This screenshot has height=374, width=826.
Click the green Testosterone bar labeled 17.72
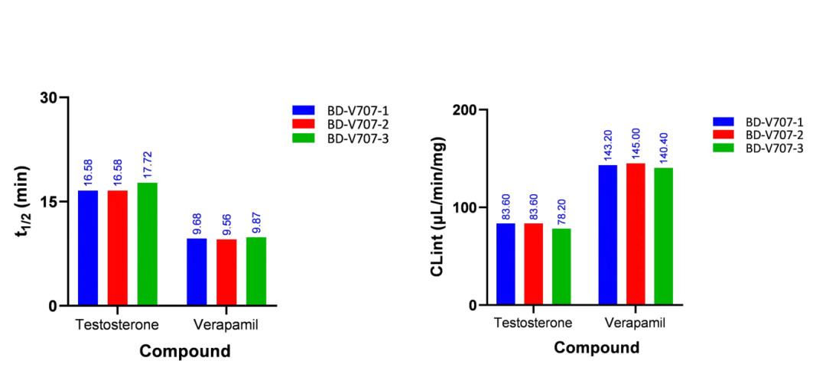click(148, 243)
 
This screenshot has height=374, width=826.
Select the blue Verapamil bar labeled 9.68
click(197, 272)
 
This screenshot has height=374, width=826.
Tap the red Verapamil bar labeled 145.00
click(636, 234)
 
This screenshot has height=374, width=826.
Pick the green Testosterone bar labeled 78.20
click(561, 266)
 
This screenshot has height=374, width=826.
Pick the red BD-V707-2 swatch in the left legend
click(304, 124)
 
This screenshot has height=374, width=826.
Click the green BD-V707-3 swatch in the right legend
click(724, 148)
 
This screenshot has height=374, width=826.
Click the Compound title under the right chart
click(597, 348)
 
